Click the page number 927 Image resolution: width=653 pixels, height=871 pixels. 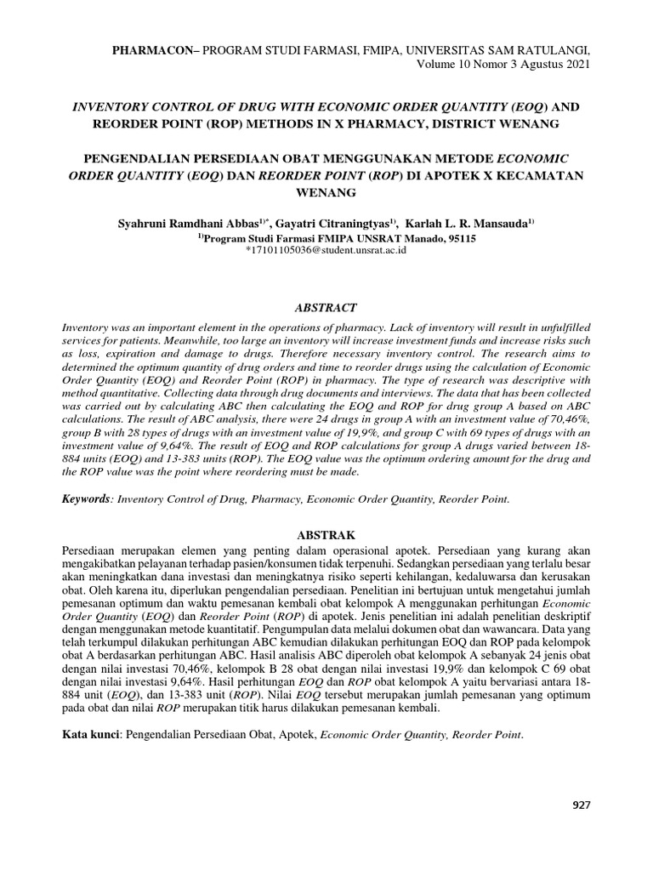point(581,806)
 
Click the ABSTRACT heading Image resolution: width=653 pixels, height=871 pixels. point(328,307)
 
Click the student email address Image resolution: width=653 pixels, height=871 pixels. point(326,252)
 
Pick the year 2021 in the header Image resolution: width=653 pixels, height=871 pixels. point(574,65)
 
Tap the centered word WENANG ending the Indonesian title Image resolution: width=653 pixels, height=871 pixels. point(326,194)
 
